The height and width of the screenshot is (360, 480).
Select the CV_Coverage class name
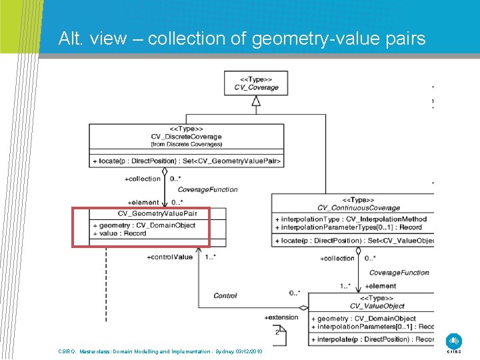[x=256, y=87]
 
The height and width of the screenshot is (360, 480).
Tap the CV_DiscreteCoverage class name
[x=186, y=137]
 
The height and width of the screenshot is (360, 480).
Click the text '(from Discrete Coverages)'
[x=186, y=144]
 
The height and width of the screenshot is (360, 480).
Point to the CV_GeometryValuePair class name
[x=157, y=213]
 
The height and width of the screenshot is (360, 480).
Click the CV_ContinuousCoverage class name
[x=359, y=208]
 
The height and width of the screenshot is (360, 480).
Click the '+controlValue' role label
[x=169, y=257]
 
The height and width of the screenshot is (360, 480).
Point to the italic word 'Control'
[x=225, y=295]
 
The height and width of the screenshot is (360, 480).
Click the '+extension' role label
[x=281, y=317]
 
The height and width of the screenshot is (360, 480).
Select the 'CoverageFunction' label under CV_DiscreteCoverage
[x=207, y=189]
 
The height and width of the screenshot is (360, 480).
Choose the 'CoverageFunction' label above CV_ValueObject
[x=399, y=273]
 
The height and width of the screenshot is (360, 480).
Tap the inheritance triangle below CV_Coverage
[x=255, y=101]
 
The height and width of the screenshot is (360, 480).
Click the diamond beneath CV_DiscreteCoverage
[x=165, y=171]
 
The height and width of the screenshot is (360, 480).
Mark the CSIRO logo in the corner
[x=454, y=341]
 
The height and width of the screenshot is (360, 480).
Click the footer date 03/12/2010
[x=249, y=351]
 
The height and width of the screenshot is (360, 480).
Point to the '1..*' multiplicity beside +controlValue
[x=211, y=257]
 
